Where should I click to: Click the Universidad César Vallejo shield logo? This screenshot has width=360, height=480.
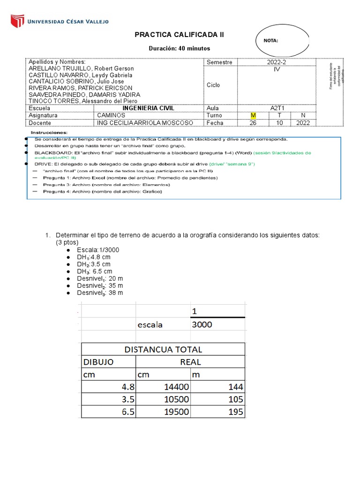[17, 21]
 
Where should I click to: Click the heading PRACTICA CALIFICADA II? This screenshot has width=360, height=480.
[180, 35]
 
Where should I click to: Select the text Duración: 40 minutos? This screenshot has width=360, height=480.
[180, 48]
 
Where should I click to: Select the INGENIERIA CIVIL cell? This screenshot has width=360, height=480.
[148, 108]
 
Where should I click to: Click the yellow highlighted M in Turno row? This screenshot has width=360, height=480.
[253, 115]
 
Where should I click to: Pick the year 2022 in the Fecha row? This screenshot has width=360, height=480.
[304, 123]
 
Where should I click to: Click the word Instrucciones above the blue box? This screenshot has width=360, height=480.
[49, 133]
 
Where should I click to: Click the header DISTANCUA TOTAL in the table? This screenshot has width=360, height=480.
[163, 349]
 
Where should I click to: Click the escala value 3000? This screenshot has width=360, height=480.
[202, 324]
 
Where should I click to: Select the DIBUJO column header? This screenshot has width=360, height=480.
[98, 362]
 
